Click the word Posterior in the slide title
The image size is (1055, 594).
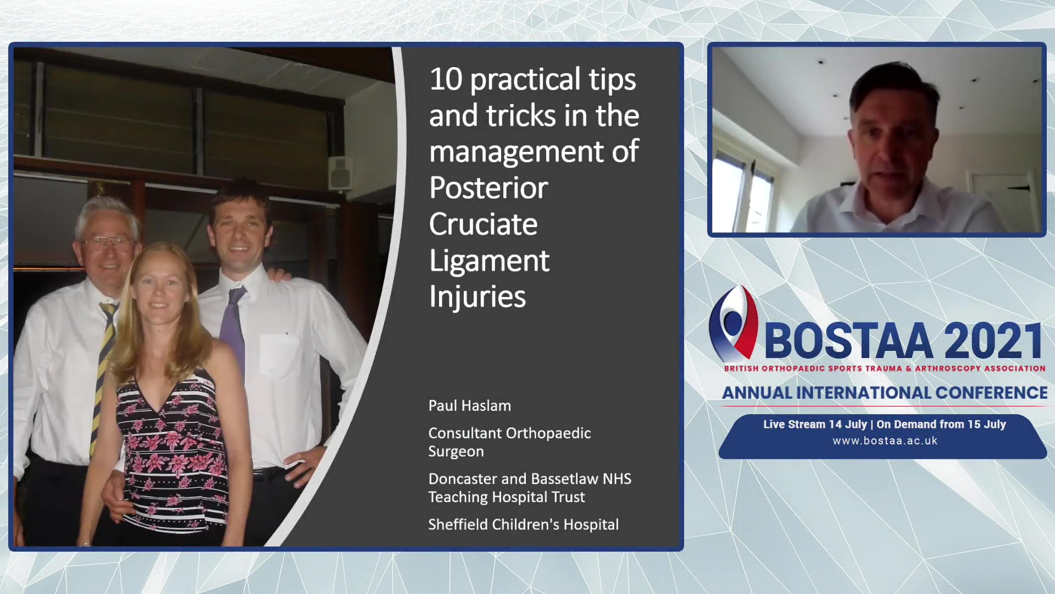tap(488, 188)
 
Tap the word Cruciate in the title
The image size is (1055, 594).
tap(483, 224)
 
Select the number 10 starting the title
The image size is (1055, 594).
tap(446, 79)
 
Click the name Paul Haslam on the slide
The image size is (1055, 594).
tap(470, 406)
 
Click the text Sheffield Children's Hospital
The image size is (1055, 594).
tap(524, 525)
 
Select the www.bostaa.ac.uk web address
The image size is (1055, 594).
tap(885, 441)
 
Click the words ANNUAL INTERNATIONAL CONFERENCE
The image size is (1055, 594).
tap(885, 393)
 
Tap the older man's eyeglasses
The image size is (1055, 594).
tap(109, 243)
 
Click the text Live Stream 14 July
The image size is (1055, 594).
tap(815, 425)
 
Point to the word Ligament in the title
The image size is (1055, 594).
tap(489, 261)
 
